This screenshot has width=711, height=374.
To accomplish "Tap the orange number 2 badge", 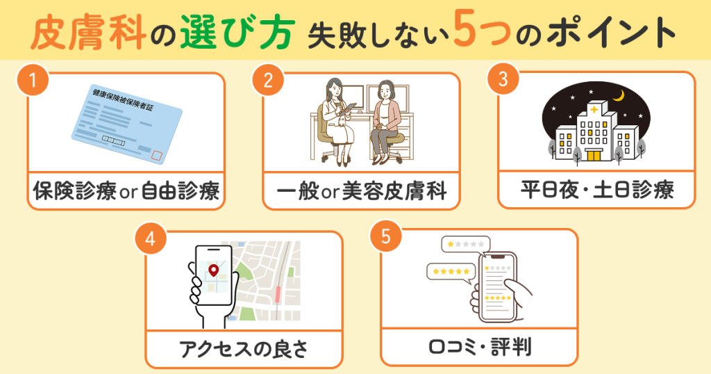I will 267,80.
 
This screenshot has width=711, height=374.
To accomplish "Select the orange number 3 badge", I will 503,80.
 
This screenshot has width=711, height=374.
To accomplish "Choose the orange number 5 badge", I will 385,237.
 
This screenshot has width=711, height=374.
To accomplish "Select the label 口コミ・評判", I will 479,346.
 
